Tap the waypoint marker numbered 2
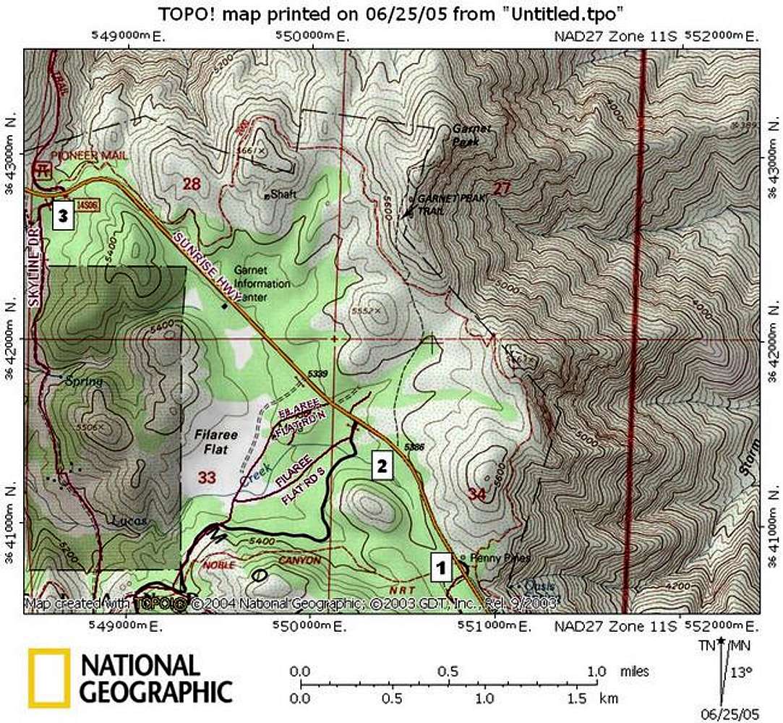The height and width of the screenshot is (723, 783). tap(382, 466)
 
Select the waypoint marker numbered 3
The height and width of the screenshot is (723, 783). tap(63, 216)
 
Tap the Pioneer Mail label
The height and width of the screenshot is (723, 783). tap(80, 155)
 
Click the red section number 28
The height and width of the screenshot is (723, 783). tap(191, 184)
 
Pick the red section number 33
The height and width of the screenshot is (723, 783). tap(206, 477)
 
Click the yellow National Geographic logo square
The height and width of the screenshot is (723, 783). tap(49, 677)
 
